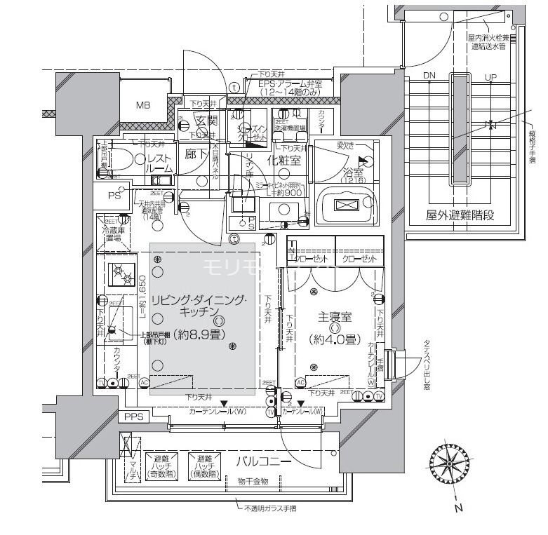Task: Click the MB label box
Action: [143, 107]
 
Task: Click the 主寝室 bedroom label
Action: [334, 316]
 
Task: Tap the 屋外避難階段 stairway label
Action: [458, 215]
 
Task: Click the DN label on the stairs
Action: [429, 76]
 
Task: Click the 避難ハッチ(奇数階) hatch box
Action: [161, 466]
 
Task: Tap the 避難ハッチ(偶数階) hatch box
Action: [203, 466]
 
